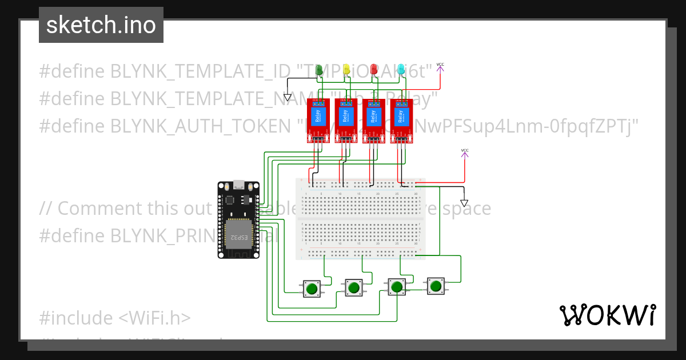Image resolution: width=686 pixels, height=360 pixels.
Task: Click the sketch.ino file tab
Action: tap(101, 25)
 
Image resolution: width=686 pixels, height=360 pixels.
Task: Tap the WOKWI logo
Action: tap(607, 315)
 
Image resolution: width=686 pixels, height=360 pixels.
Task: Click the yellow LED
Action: tap(346, 70)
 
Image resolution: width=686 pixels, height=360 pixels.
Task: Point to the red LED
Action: tap(374, 70)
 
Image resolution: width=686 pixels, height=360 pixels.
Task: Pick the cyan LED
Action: tap(401, 70)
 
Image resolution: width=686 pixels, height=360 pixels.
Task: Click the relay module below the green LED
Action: tap(318, 120)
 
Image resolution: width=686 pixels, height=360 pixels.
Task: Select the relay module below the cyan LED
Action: tap(402, 120)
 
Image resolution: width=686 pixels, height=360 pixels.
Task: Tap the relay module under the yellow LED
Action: tap(346, 120)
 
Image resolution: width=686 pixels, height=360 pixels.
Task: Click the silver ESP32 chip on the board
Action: tap(239, 234)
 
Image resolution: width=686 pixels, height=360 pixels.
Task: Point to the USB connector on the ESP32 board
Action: tap(238, 186)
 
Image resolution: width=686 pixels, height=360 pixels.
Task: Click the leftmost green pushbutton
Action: tap(311, 289)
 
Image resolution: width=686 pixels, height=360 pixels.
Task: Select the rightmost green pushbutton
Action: tap(436, 286)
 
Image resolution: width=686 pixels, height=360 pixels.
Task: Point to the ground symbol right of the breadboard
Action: tap(464, 203)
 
